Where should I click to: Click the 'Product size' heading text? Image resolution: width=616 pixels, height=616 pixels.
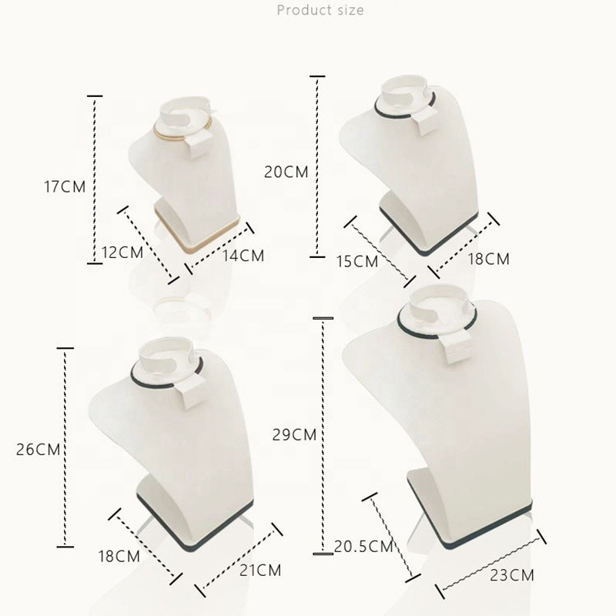point(320,10)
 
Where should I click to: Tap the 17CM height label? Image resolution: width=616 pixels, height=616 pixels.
point(65,186)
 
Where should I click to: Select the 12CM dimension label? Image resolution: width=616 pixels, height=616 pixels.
point(122,252)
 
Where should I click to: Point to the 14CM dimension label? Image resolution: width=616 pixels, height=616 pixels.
point(243,255)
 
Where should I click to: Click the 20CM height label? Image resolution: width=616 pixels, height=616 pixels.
point(286,172)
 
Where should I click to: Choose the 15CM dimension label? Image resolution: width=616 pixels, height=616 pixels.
point(357,261)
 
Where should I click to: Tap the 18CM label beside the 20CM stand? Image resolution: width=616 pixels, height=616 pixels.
point(489,259)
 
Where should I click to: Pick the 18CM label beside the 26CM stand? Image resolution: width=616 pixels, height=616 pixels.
point(119,555)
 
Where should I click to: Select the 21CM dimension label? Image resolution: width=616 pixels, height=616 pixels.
point(259,571)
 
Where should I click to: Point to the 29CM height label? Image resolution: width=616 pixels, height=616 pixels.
point(294,435)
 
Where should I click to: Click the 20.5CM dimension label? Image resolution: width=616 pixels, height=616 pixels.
point(363,547)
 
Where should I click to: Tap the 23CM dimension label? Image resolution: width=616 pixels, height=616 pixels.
point(512,574)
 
